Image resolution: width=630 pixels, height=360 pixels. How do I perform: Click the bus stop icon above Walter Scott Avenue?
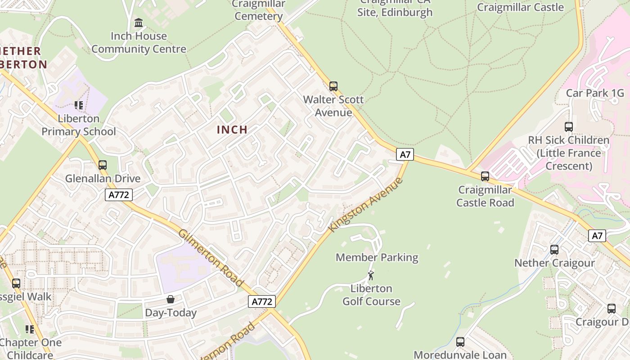point(333,86)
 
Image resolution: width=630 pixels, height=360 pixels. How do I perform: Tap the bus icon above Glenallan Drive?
point(103,165)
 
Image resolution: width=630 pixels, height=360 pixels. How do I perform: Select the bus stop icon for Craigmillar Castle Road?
point(485,176)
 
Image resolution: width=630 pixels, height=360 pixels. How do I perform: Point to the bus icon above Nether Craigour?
point(554,250)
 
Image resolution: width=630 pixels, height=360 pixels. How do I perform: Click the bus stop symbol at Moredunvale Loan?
point(460,342)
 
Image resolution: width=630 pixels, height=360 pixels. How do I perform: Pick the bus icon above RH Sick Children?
point(568,127)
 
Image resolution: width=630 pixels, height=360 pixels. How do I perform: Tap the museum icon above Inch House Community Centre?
point(139,22)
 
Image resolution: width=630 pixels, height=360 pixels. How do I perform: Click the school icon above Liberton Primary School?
point(79,105)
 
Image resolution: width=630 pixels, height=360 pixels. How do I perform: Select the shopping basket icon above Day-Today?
point(171,299)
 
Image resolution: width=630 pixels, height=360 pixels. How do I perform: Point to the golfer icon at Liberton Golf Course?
point(371,275)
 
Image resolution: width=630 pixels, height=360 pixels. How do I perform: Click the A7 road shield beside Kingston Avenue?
point(405,154)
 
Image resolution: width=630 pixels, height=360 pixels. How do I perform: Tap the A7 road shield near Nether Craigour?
point(597,235)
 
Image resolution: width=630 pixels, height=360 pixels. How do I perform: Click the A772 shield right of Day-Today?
point(261,301)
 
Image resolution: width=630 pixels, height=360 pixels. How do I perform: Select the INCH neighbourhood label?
point(232,130)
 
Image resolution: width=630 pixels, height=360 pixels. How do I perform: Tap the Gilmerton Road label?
point(211,258)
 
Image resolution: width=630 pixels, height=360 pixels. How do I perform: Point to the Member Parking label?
point(377,257)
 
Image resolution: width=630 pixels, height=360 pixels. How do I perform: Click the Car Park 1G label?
point(595,93)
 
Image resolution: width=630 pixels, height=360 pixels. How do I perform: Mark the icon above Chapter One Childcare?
point(30,329)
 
